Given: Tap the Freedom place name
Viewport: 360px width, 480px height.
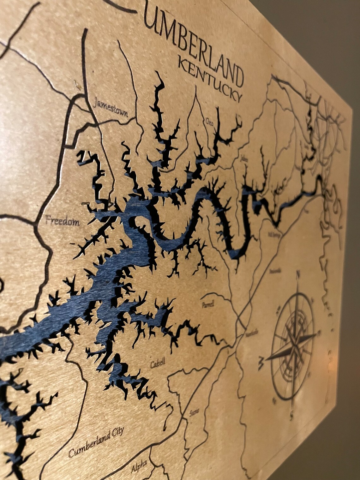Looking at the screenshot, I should tap(62, 220).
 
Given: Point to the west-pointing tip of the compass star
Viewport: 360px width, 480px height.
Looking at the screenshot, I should tap(267, 360).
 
